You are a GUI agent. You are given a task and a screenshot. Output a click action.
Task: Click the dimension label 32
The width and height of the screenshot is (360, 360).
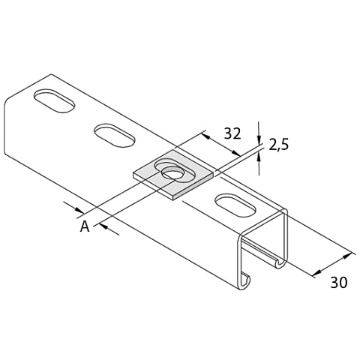click(x=232, y=133)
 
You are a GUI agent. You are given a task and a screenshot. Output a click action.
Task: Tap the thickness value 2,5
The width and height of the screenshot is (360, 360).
click(x=278, y=145)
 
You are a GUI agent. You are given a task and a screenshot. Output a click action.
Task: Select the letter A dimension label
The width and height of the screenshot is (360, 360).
click(x=85, y=226)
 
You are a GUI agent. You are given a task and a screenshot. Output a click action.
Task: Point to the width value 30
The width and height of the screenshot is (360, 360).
click(x=339, y=282)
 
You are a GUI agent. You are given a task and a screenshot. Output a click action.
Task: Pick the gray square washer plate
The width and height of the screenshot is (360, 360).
click(x=173, y=175)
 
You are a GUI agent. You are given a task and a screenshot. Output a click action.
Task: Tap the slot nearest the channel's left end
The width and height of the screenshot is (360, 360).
click(x=55, y=100)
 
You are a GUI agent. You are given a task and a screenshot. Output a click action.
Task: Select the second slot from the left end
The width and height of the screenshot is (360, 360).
click(x=115, y=135)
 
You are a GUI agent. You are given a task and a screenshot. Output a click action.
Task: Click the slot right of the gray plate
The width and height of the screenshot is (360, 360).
click(x=235, y=205)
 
